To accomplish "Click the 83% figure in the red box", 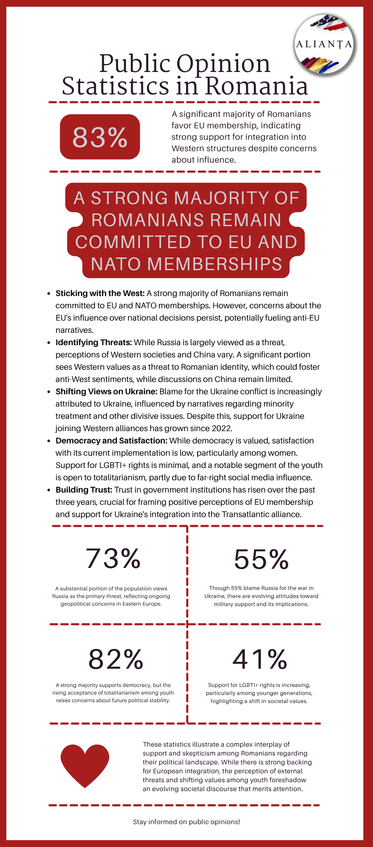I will pyautogui.click(x=100, y=137).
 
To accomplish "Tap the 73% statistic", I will pyautogui.click(x=113, y=558).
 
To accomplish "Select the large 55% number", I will pyautogui.click(x=261, y=559).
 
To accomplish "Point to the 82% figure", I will pyautogui.click(x=116, y=659).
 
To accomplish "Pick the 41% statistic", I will pyautogui.click(x=260, y=659).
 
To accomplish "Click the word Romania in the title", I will pyautogui.click(x=256, y=86).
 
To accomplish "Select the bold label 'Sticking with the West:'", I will pyautogui.click(x=100, y=293).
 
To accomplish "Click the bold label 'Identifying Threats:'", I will pyautogui.click(x=94, y=342).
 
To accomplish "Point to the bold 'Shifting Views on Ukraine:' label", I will pyautogui.click(x=106, y=391).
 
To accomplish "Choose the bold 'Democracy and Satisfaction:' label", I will pyautogui.click(x=111, y=440).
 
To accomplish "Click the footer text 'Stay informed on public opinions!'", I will pyautogui.click(x=186, y=822).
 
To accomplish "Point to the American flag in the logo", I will pyautogui.click(x=331, y=23).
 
